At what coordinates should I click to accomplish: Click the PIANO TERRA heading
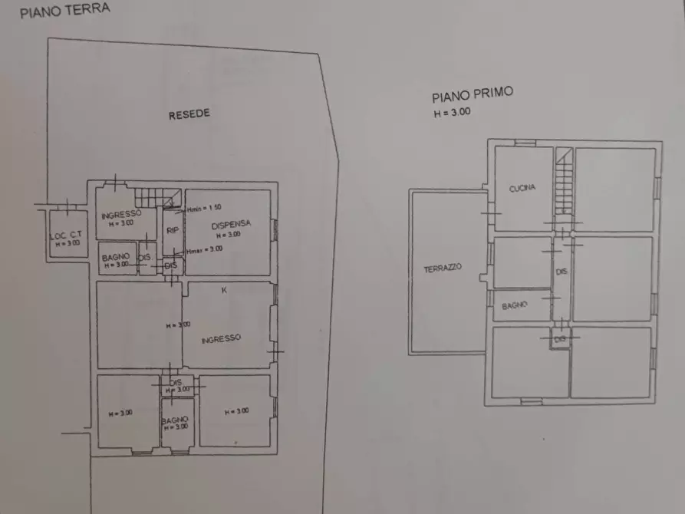pos(64,10)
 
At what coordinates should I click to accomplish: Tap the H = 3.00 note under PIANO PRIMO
pos(452,112)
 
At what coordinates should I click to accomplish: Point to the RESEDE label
pos(189,114)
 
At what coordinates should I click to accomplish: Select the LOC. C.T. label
pos(65,236)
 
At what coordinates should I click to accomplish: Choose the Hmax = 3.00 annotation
pos(204,248)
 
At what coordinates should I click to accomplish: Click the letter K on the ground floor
pos(224,290)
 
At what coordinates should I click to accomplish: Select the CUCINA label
pos(522,188)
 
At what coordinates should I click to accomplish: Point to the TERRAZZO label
pos(442,269)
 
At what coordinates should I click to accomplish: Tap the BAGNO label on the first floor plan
pos(515,305)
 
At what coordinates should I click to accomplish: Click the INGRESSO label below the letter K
pos(222,338)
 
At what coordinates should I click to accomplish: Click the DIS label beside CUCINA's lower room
pos(561,271)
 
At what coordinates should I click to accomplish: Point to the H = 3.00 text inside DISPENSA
pos(229,235)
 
